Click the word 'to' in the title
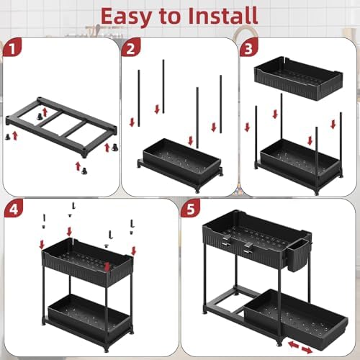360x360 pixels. pyautogui.click(x=173, y=15)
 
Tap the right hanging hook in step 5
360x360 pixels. pyautogui.click(x=248, y=248)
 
